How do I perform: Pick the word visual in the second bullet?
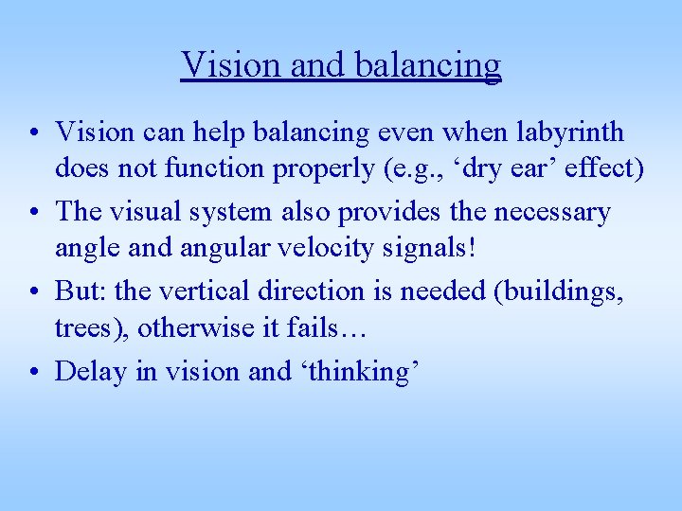click(154, 211)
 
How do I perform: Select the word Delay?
click(91, 371)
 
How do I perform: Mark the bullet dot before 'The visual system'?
click(34, 212)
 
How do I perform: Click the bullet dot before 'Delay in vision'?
click(34, 371)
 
